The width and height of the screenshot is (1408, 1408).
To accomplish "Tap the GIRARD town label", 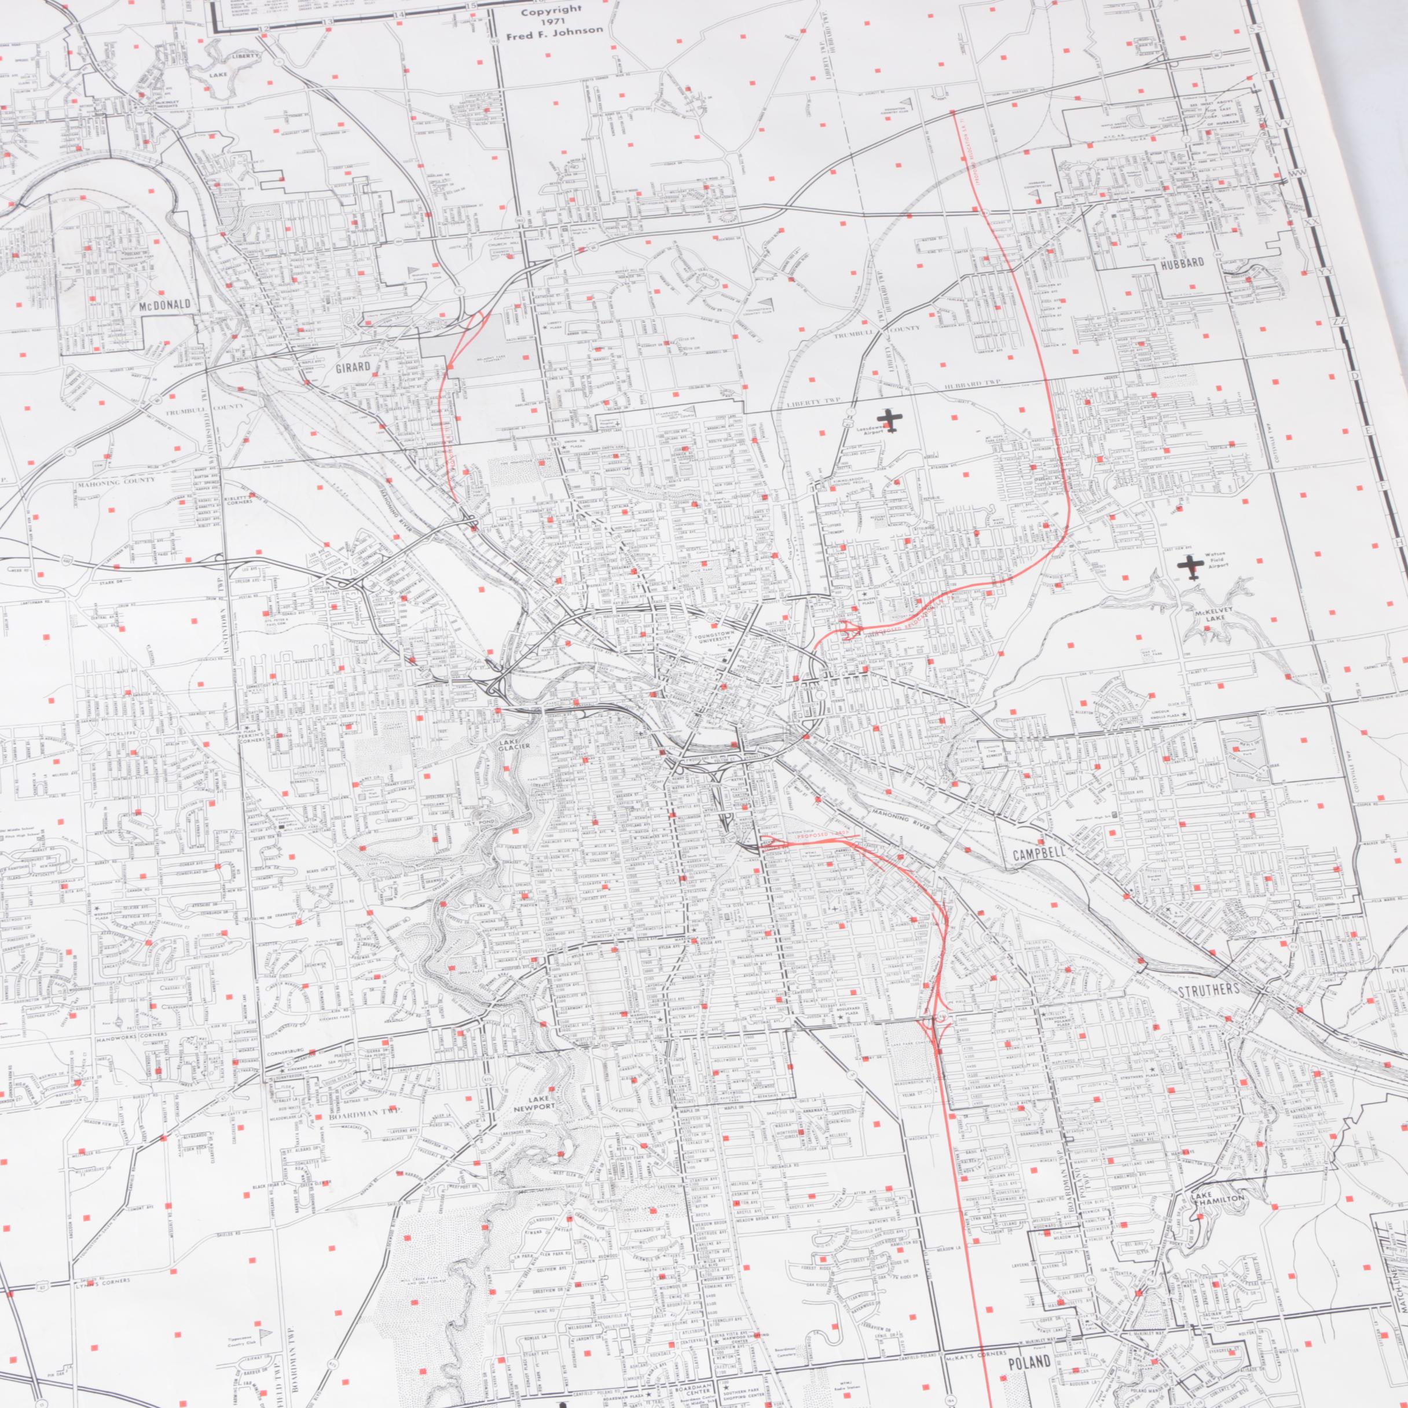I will point(353,366).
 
